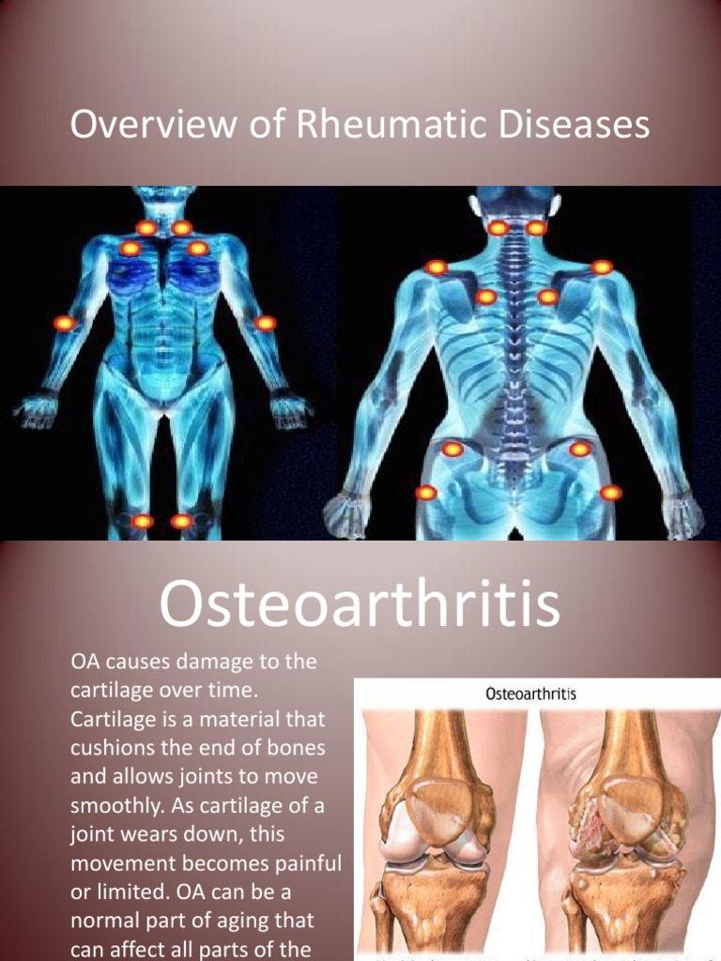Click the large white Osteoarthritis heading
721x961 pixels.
point(360,605)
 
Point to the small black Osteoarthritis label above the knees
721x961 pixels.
point(530,695)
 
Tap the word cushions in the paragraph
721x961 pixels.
point(113,748)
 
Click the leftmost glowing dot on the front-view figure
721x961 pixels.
point(64,323)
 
